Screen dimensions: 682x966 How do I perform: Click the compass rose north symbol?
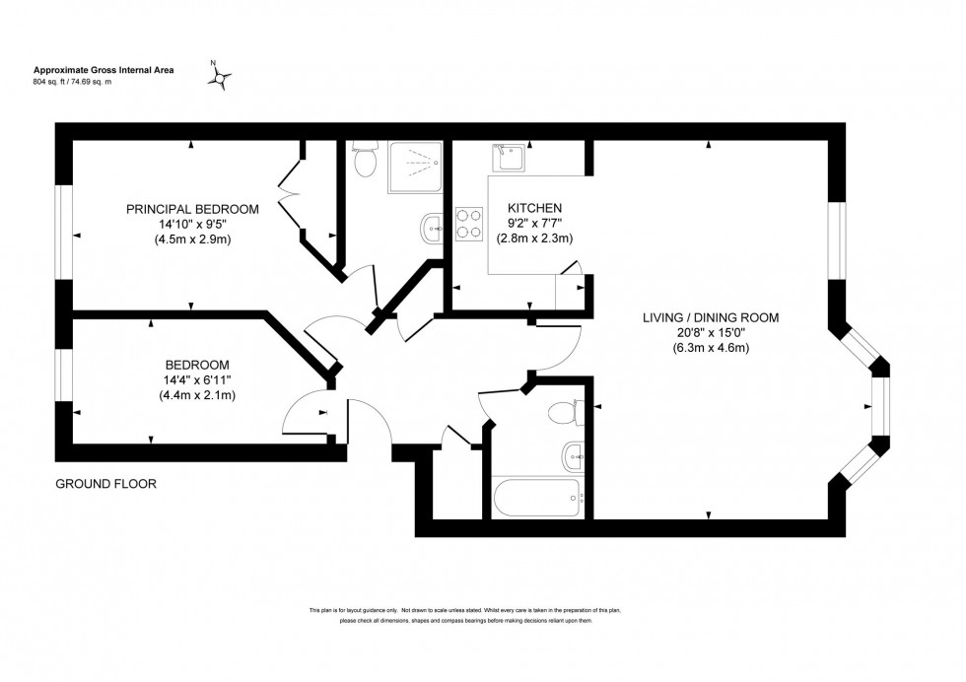(x=222, y=77)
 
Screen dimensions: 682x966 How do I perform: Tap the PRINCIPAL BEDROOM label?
(x=192, y=209)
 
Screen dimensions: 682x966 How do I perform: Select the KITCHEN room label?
(x=534, y=208)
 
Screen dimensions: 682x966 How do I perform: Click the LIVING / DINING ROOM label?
(x=711, y=317)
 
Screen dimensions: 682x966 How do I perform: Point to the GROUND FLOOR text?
(x=105, y=484)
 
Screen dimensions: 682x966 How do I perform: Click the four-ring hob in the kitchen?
(x=468, y=225)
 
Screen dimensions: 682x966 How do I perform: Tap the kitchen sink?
(x=512, y=156)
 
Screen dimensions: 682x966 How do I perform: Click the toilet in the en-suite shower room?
(x=365, y=161)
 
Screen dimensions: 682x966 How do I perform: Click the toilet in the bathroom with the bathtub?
(x=566, y=411)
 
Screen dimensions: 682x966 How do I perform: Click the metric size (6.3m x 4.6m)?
(x=711, y=347)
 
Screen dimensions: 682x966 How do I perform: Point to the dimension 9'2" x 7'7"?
(x=534, y=223)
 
